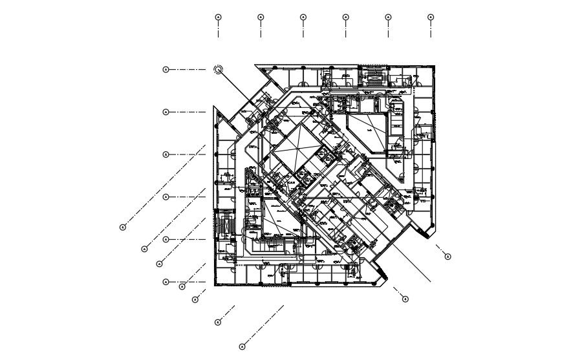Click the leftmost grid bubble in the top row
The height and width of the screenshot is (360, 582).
coord(219,17)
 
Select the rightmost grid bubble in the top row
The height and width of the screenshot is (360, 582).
coord(431,17)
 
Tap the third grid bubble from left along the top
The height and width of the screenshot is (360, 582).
coord(303,17)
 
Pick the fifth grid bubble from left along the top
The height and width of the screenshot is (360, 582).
coord(388,17)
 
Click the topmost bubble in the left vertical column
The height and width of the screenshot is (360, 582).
coord(166,69)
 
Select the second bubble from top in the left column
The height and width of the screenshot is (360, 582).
coord(166,112)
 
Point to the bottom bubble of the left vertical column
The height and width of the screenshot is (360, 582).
coord(166,282)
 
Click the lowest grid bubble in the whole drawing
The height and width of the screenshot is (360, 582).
coord(242,347)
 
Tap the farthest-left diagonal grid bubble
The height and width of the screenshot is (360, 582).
coord(123,227)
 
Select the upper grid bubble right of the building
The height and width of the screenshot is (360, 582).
coord(447,257)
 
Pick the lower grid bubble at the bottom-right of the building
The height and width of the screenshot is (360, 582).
coord(405,299)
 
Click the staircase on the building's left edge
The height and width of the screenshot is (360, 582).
coord(224,224)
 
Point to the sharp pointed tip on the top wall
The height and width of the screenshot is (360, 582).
coord(256,65)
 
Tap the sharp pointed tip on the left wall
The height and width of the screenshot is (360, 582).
coord(215,110)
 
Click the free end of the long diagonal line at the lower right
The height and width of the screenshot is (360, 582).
coord(431,282)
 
